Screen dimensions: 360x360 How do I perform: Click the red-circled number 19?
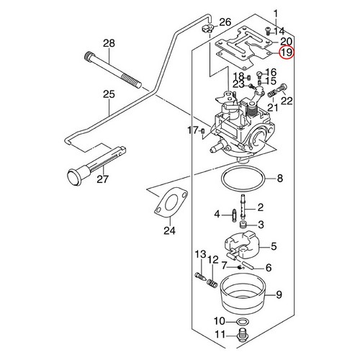point(287,53)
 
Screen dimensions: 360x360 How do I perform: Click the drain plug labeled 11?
point(243,335)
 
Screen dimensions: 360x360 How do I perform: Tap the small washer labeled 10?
point(243,320)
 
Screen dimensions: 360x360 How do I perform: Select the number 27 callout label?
point(102,179)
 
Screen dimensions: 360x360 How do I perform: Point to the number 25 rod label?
point(109,94)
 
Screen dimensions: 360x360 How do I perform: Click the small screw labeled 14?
point(267,30)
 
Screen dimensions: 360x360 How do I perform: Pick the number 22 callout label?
point(287,101)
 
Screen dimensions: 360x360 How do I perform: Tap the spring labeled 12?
point(212,282)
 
